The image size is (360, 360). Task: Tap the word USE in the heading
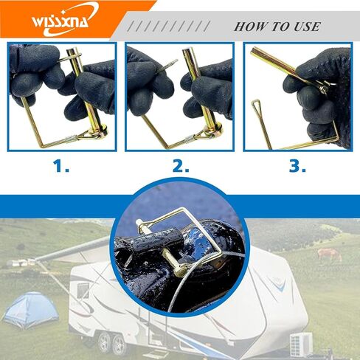(307, 27)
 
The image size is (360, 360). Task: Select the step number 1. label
(61, 166)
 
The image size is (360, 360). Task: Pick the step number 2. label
(181, 166)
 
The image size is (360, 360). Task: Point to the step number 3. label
(297, 166)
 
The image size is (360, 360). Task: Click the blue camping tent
(31, 311)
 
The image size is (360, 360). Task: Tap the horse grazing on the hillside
(330, 255)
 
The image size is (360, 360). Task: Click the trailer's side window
(83, 291)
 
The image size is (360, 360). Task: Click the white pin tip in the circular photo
(139, 224)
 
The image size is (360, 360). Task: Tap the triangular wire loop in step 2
(200, 136)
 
